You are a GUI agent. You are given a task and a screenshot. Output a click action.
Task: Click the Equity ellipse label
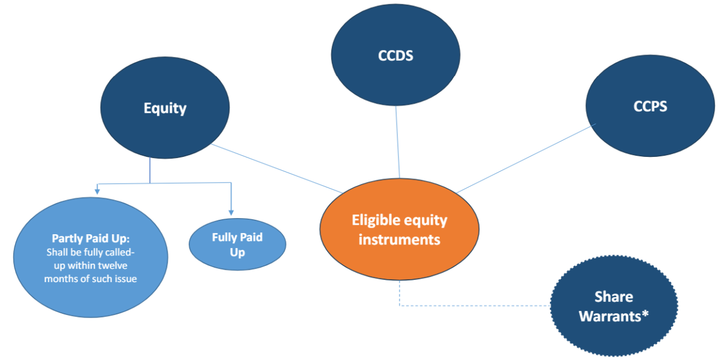[x=165, y=108]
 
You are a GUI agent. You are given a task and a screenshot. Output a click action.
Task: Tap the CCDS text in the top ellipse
[x=396, y=56]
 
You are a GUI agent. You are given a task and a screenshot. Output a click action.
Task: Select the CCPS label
[x=650, y=107]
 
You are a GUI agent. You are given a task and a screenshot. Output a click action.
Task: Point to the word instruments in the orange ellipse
[x=399, y=240]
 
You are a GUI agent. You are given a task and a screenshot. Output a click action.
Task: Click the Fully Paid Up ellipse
[x=237, y=244]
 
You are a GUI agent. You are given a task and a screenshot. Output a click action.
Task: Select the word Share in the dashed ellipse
[x=614, y=297]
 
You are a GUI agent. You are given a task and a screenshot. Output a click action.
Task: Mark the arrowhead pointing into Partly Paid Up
[x=96, y=190]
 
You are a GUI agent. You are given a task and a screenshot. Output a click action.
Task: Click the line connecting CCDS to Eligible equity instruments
[x=397, y=144]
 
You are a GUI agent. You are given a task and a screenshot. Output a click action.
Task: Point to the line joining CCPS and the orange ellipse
[x=521, y=159]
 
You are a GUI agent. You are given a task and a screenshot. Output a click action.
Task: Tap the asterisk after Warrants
[x=645, y=314]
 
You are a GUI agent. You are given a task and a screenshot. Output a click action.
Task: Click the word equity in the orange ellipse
[x=425, y=220]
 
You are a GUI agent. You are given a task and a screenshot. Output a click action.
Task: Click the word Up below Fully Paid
[x=237, y=252]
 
